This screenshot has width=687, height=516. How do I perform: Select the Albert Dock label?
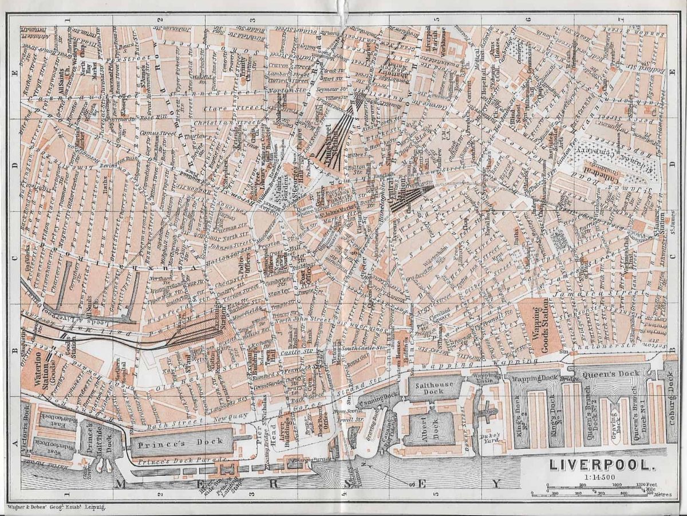point(427,427)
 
